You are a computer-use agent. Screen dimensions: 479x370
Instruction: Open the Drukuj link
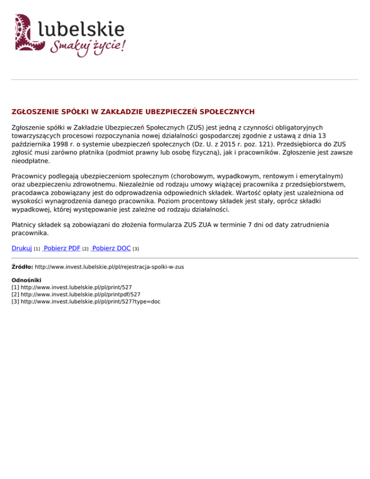tap(22, 248)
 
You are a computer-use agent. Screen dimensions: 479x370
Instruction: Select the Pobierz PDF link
tap(61, 248)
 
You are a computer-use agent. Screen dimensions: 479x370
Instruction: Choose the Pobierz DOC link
tap(111, 248)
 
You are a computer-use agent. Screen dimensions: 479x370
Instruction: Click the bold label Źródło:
tap(22, 266)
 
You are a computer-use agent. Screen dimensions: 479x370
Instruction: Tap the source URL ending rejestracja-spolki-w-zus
tap(110, 266)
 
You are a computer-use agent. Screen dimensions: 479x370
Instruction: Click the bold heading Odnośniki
tap(26, 280)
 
